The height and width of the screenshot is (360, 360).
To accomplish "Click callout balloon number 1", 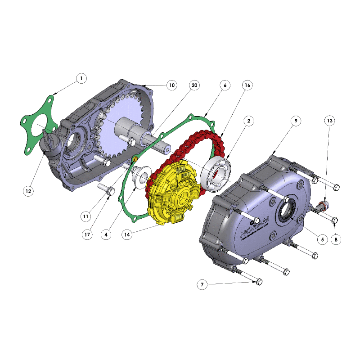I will (81, 79).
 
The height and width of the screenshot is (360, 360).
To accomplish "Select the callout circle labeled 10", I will (171, 85).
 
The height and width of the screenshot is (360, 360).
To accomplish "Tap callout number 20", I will (194, 85).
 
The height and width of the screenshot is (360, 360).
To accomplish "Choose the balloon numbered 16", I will (247, 85).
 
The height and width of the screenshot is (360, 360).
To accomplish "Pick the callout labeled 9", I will (295, 121).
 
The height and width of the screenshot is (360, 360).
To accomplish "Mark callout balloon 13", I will (330, 121).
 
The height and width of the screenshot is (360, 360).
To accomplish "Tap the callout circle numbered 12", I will (28, 191).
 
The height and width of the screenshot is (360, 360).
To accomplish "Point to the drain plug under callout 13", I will (323, 207).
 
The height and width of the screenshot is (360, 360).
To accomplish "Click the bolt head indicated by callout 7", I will (259, 282).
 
